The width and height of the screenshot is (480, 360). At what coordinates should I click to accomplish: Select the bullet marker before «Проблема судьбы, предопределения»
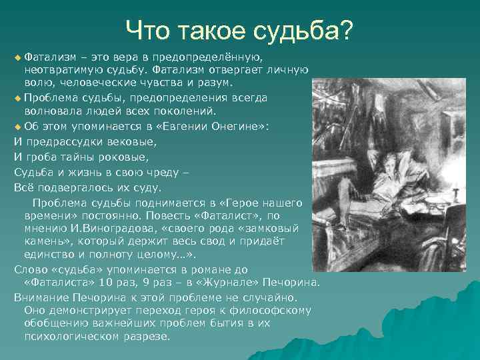click(17, 98)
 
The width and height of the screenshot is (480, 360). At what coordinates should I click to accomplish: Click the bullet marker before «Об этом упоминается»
click(17, 126)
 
